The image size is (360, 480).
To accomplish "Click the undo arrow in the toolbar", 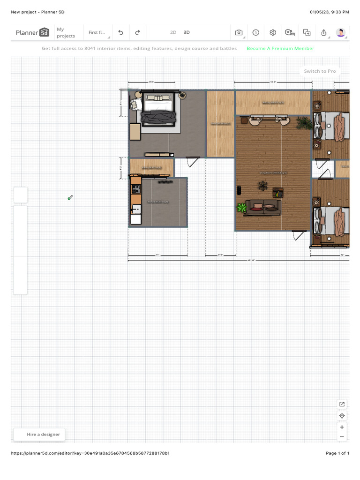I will point(120,32).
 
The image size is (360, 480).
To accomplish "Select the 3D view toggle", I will point(187,32).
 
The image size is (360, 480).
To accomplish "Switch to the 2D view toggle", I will point(173,32).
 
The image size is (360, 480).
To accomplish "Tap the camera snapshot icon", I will point(239,32).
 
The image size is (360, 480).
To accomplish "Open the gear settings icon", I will point(273,32).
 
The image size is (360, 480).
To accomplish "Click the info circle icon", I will point(256,32).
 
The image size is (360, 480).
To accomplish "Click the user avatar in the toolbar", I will point(341,32).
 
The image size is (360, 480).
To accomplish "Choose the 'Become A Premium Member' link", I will point(280,48).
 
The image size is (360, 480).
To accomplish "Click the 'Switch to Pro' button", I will point(320,71).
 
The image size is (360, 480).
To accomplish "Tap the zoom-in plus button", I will point(342,427).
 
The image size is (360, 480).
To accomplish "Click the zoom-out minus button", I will point(342,436).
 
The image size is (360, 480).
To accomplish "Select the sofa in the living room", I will point(263,207).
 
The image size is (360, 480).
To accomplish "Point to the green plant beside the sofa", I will point(242,207).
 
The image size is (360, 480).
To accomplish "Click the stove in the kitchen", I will point(135,189).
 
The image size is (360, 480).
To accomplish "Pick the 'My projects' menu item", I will point(66,32).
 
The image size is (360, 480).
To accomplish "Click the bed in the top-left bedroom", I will point(158,111).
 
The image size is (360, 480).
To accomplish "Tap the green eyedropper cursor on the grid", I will point(70,198).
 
